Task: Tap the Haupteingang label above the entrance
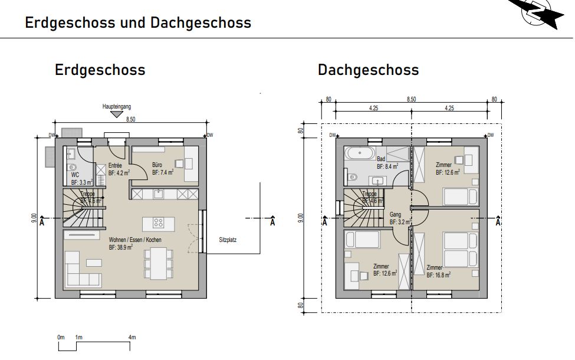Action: [116, 107]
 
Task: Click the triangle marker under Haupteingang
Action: [116, 114]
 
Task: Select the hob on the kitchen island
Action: [159, 222]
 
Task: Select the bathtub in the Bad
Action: [359, 153]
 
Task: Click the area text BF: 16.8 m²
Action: [439, 275]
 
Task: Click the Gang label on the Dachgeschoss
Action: [396, 215]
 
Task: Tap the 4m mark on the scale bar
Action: [132, 337]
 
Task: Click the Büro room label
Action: [157, 165]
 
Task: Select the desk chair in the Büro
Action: [179, 163]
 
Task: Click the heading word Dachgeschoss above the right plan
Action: [368, 70]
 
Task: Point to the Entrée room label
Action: [115, 166]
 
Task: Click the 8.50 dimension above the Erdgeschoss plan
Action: [131, 119]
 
